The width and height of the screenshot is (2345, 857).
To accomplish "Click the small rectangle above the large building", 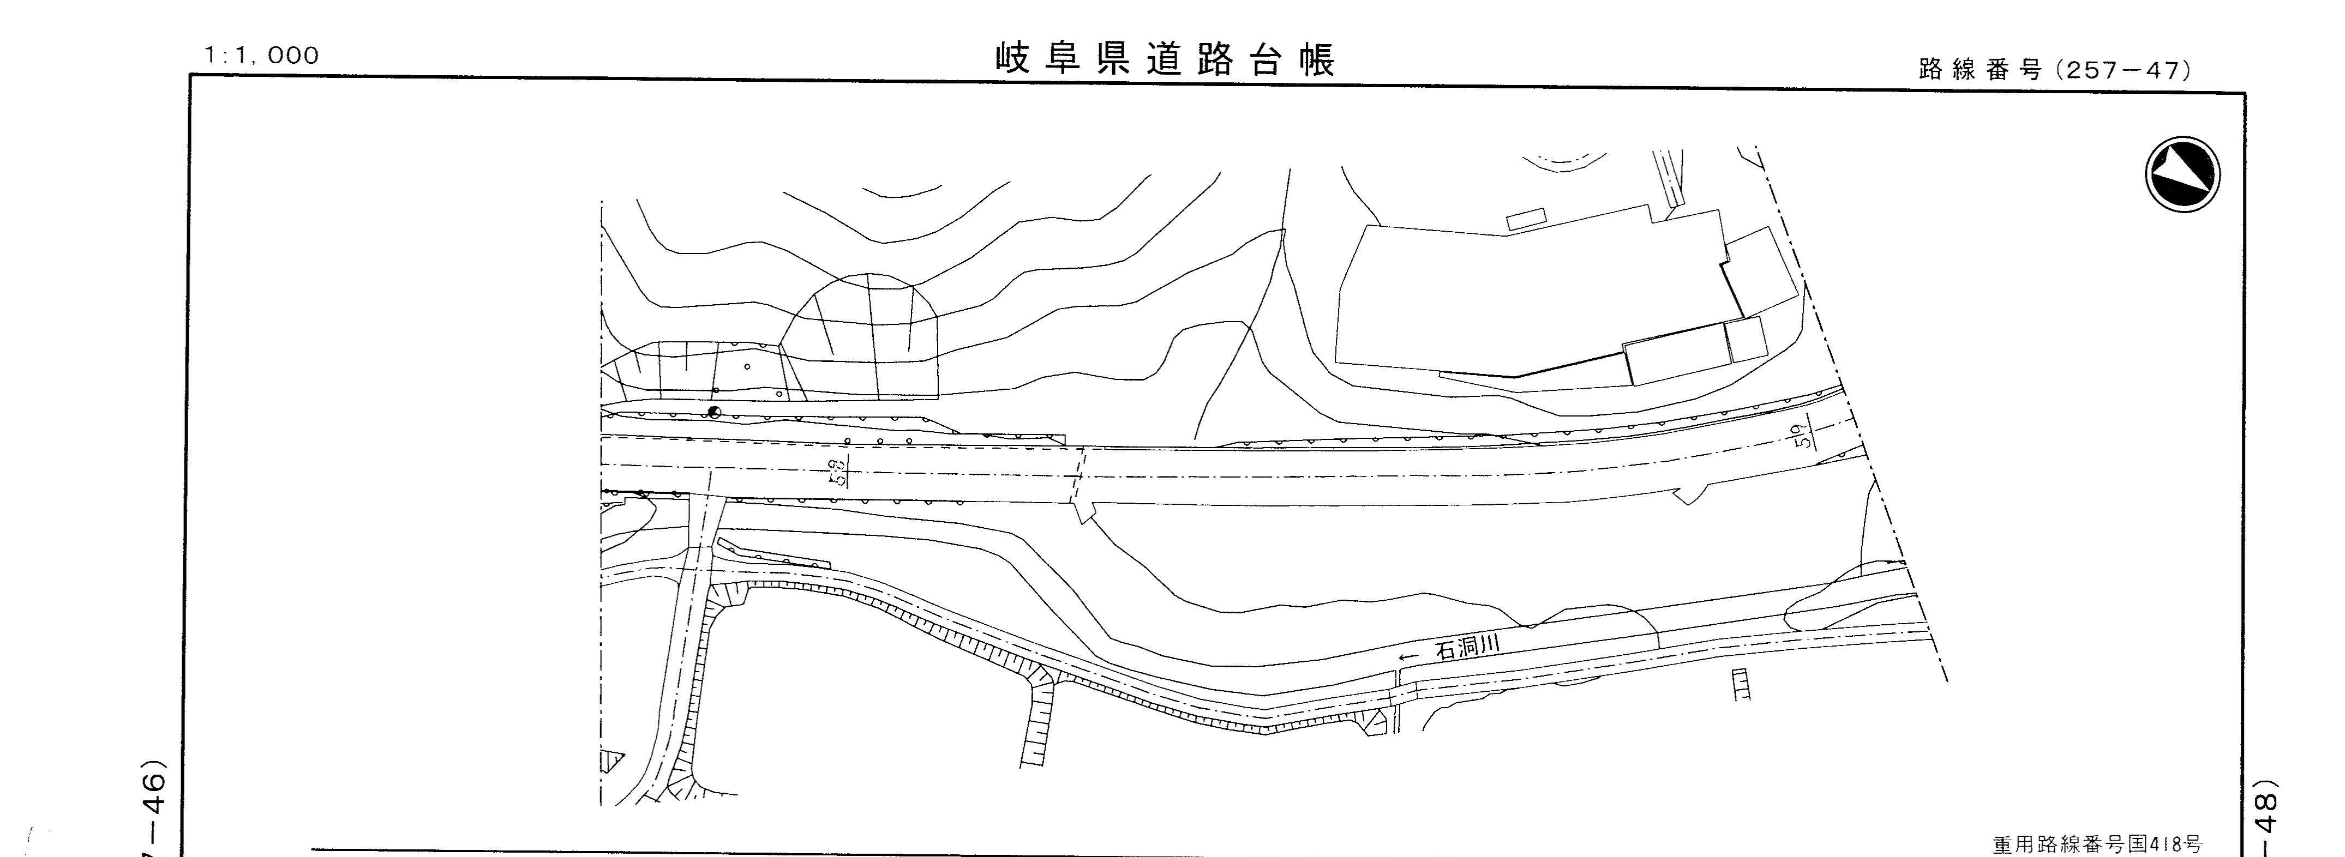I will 1527,219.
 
